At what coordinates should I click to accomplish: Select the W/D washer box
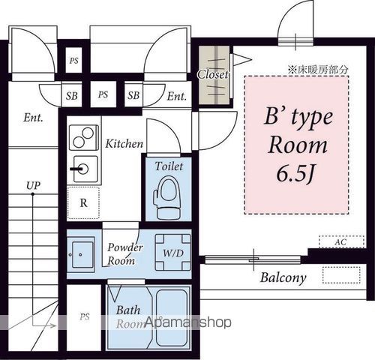173,252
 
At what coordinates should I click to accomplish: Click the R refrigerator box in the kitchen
83,203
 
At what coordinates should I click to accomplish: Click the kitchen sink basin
84,166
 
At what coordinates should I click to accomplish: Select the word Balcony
283,277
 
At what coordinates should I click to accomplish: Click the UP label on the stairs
33,184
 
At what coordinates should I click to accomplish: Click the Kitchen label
124,142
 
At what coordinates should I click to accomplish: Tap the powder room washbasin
81,254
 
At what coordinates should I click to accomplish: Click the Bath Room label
128,315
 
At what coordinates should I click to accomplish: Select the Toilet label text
169,166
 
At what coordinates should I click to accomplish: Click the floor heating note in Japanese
319,69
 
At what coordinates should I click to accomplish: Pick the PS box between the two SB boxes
103,95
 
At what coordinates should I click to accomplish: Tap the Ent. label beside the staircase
33,117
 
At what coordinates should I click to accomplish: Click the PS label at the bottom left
85,317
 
